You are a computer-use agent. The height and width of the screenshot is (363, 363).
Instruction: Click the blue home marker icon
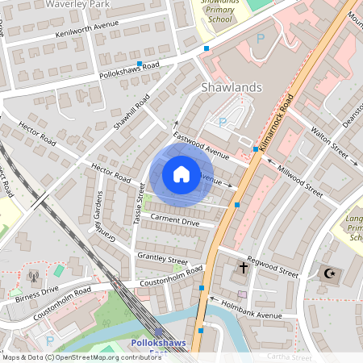[x=181, y=174]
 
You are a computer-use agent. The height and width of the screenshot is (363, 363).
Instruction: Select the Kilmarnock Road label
[x=283, y=108]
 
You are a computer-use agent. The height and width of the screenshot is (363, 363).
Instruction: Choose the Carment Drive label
[x=174, y=219]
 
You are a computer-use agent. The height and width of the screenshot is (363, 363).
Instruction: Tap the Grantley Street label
[x=161, y=258]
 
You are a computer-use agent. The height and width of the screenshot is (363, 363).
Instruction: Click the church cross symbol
[x=243, y=266]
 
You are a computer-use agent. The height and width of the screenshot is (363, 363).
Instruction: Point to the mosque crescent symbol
[x=328, y=273]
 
